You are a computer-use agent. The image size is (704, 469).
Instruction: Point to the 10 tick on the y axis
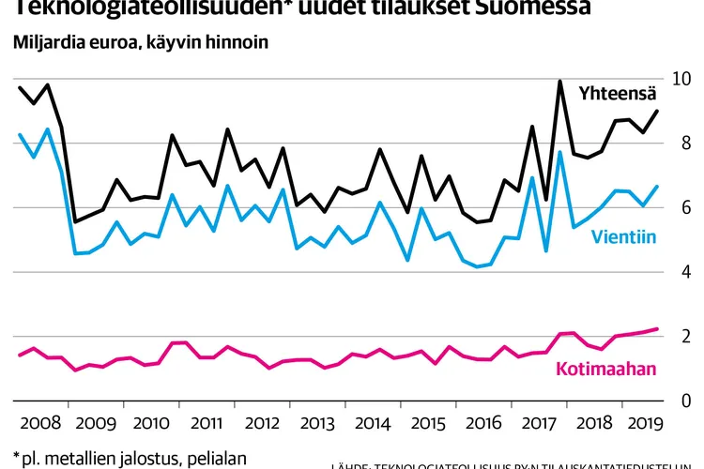(674, 79)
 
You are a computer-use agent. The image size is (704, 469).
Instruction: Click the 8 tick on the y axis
(674, 144)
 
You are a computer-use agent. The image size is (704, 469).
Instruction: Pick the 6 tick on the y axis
(674, 207)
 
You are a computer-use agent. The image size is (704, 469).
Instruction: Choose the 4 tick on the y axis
(674, 272)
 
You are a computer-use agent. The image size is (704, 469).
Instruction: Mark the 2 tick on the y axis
(674, 336)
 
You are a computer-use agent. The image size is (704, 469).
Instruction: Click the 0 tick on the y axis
(674, 400)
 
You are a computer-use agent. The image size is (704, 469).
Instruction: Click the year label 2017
(539, 421)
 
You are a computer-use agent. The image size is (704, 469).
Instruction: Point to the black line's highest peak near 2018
(559, 82)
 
